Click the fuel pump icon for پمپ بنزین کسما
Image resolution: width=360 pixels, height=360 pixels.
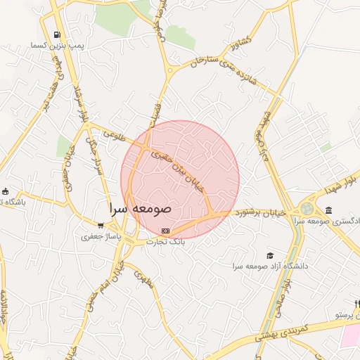click(x=56, y=34)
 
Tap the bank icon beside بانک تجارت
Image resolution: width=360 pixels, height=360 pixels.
click(x=165, y=231)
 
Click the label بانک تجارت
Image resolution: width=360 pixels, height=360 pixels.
click(x=165, y=241)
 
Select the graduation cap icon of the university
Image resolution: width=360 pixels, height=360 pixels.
click(x=271, y=255)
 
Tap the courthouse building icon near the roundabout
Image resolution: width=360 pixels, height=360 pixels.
click(x=329, y=210)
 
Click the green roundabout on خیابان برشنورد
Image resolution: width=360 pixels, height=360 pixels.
click(x=307, y=209)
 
